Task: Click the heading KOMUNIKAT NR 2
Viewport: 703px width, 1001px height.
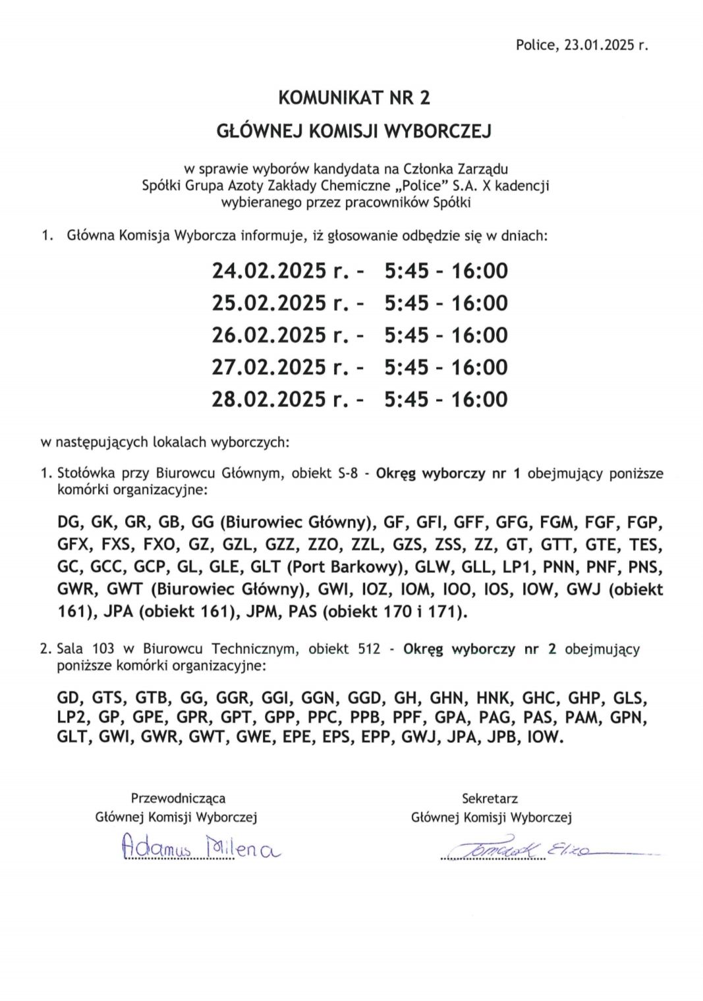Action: [x=354, y=98]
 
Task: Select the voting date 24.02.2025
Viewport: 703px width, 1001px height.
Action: [x=268, y=271]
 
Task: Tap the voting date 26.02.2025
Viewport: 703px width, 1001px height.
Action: [x=268, y=335]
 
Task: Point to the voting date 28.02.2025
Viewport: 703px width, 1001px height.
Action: [x=268, y=399]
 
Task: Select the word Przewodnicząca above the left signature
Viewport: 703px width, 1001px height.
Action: [x=178, y=798]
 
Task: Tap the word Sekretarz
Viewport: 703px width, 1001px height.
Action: [x=490, y=798]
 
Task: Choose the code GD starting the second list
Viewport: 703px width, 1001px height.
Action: [x=69, y=697]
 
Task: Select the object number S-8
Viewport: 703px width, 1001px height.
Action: [x=347, y=473]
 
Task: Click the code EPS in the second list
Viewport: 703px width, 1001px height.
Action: [x=337, y=738]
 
